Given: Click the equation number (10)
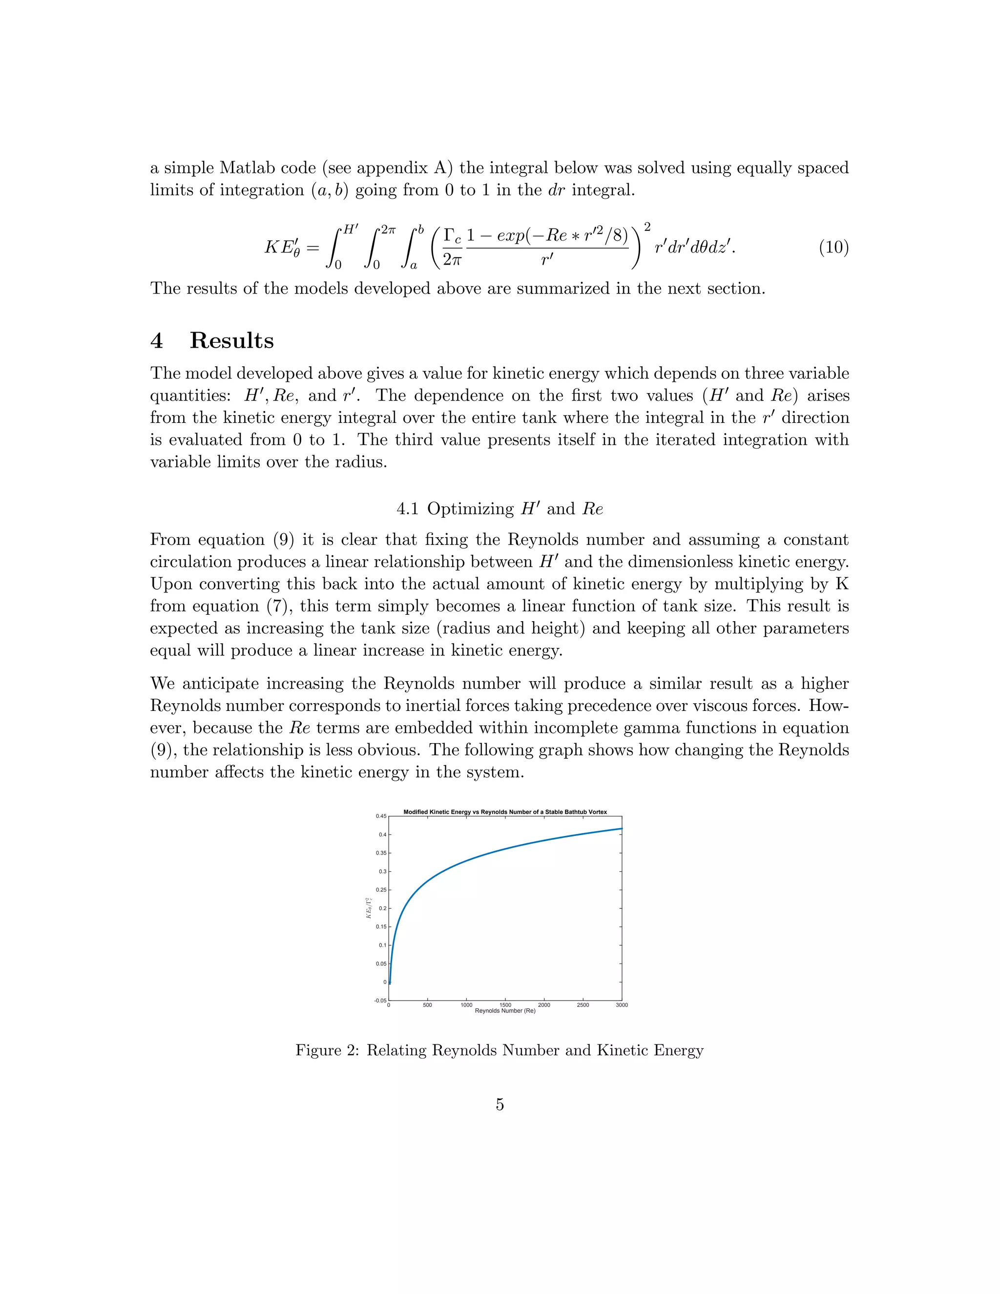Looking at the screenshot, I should (x=833, y=248).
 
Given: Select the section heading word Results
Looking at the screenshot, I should (x=231, y=341).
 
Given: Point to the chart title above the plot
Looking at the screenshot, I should (x=505, y=812).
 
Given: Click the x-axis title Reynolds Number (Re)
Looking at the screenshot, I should (x=505, y=1011).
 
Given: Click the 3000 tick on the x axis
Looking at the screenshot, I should (x=622, y=1005).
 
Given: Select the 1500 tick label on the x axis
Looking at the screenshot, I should (x=505, y=1005).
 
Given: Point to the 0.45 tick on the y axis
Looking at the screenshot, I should (x=380, y=816).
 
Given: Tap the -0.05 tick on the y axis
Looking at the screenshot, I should (x=380, y=1001).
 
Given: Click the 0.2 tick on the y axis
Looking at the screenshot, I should (x=382, y=908).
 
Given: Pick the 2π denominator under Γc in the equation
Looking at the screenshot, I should (x=452, y=259).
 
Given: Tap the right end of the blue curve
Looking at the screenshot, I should (x=621, y=828).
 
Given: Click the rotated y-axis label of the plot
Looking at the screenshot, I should (x=369, y=908).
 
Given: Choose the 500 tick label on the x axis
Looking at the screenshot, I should (x=427, y=1005).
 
